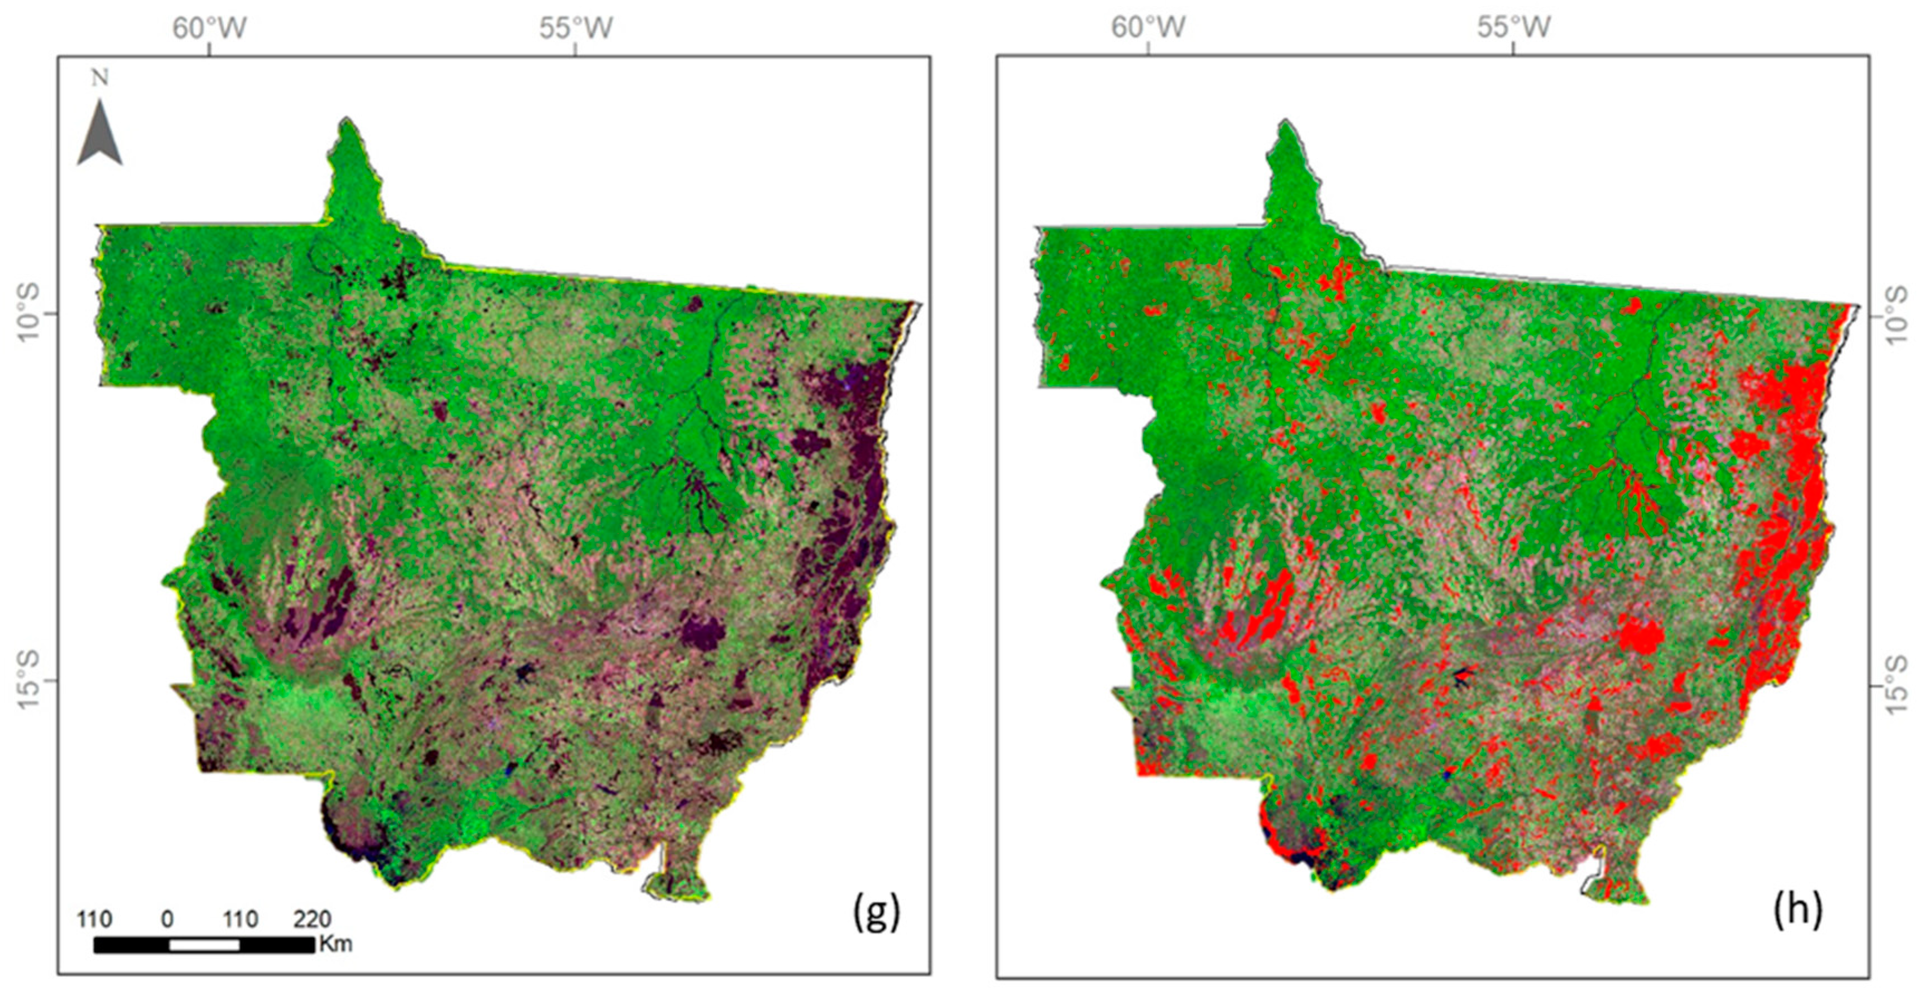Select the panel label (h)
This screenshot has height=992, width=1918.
(1797, 910)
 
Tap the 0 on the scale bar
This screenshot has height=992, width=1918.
(167, 920)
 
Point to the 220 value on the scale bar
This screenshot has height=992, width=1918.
(312, 920)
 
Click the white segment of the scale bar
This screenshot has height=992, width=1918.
(204, 945)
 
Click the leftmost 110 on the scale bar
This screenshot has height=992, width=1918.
(94, 920)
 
